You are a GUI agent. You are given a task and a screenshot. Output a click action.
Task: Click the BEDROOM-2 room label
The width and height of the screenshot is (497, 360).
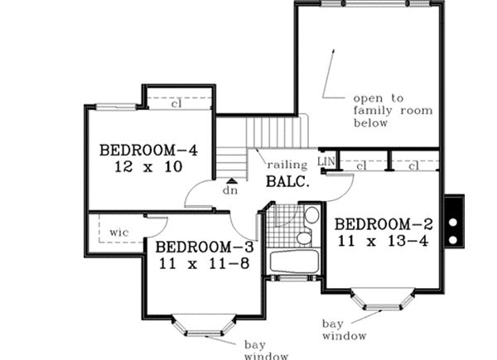[x=385, y=224]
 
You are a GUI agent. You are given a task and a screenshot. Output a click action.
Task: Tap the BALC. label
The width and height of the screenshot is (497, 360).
[x=287, y=181]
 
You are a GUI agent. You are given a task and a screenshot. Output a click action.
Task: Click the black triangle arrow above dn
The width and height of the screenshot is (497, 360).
[x=233, y=176]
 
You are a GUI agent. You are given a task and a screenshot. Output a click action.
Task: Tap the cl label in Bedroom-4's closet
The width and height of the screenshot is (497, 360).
[x=176, y=104]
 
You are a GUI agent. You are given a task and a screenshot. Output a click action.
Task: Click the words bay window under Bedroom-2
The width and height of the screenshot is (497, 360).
[x=342, y=330]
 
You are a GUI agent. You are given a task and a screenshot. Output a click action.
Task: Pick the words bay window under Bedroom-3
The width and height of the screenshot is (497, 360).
[x=263, y=348]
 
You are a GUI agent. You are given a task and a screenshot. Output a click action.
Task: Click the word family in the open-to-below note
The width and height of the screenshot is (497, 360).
[x=370, y=108]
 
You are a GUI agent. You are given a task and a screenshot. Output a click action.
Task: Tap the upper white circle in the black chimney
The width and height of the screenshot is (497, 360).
[x=453, y=223]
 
